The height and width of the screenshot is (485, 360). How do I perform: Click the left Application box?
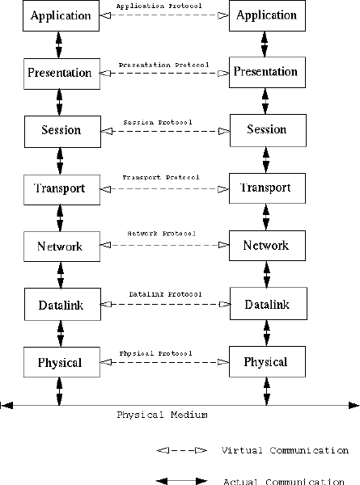click(61, 15)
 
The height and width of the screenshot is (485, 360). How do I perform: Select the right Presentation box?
click(267, 72)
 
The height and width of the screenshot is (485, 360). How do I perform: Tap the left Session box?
click(62, 132)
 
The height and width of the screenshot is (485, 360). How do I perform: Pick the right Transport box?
click(267, 188)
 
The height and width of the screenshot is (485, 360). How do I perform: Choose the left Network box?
click(62, 247)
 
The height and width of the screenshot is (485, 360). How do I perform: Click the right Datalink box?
click(269, 303)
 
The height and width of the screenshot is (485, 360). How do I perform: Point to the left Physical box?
click(62, 362)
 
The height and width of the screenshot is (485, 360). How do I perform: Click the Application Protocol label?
click(159, 6)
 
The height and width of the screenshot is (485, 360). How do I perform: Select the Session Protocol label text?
click(158, 122)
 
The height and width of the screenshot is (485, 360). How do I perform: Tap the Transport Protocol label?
click(161, 177)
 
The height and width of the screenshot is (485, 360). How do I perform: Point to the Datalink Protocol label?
click(166, 294)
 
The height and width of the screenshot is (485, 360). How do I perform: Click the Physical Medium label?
click(162, 415)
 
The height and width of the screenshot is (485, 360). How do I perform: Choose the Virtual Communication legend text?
click(285, 450)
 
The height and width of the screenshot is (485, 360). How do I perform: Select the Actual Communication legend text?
click(284, 481)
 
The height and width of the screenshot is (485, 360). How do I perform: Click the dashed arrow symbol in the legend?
click(182, 450)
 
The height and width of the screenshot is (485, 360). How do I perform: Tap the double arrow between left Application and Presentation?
click(58, 44)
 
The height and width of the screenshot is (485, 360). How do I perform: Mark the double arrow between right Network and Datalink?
click(267, 274)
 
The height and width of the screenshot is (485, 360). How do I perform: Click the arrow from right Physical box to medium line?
click(266, 391)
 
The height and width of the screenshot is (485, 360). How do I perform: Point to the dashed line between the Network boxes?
click(165, 245)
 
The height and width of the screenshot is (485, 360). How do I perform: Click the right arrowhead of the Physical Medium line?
click(354, 405)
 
